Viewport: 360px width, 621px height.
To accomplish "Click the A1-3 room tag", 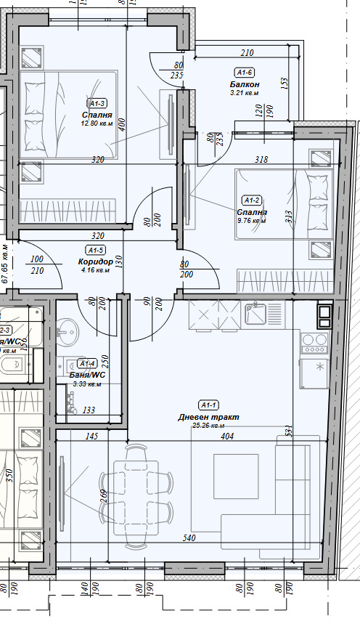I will tap(97, 103).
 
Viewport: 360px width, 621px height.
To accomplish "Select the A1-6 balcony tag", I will tap(244, 73).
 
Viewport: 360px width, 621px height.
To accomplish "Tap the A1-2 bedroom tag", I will tap(252, 200).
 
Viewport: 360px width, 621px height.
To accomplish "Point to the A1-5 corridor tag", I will tap(96, 251).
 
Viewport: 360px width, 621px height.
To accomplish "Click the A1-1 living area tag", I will tap(208, 405).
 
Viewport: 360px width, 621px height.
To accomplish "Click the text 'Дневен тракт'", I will tap(208, 417).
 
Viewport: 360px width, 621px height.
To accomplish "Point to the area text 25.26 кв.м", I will tap(208, 426).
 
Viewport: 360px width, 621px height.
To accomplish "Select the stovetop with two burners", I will tap(314, 339).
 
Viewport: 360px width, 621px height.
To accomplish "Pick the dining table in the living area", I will tap(136, 497).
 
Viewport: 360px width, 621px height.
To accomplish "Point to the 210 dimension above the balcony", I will tap(247, 53).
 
